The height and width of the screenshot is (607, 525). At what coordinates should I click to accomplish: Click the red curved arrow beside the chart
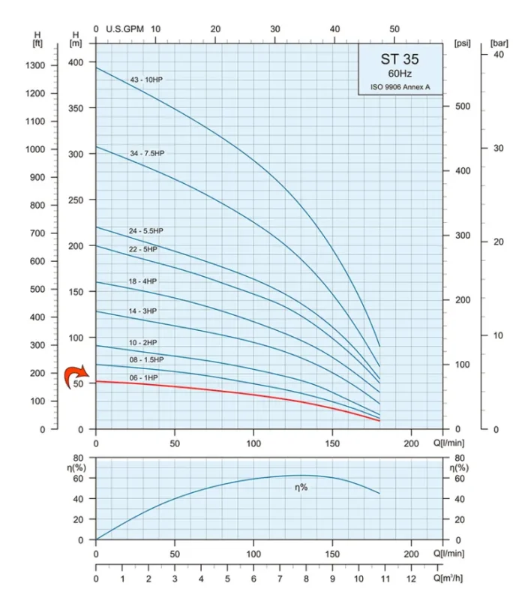75,374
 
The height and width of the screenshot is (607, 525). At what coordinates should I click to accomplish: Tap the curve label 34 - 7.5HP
147,153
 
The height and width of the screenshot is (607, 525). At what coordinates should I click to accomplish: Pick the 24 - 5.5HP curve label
145,230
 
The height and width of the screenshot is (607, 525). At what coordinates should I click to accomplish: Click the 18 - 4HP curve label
142,281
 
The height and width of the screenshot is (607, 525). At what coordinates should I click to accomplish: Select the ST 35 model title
400,59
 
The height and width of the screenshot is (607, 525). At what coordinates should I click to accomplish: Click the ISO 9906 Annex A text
400,87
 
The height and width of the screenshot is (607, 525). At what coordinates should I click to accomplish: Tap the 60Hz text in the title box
400,74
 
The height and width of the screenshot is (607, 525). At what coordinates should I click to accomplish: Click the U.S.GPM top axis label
124,29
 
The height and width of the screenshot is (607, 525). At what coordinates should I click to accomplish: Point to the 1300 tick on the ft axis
43,65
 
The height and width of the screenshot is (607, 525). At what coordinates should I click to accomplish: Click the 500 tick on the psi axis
463,107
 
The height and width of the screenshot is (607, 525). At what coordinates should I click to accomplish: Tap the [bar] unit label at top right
499,43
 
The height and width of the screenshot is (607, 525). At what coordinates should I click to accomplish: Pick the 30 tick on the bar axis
498,148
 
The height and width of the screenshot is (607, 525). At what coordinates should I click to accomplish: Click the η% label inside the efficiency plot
301,488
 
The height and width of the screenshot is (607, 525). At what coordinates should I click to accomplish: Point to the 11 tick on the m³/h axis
385,579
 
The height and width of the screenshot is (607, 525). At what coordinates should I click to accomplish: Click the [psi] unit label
463,43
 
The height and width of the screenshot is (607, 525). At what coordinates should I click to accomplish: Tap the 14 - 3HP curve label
142,311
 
